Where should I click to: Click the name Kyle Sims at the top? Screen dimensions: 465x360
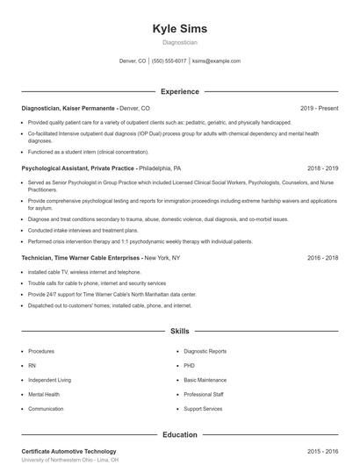tap(179, 28)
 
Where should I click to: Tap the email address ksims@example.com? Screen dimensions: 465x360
tap(216, 61)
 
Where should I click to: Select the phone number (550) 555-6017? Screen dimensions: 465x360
tap(169, 61)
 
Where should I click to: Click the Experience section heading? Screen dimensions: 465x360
tap(179, 91)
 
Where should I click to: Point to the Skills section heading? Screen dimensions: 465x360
tap(179, 332)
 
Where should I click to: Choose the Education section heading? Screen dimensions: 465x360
tap(179, 434)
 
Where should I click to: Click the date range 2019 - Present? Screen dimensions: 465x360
tap(319, 108)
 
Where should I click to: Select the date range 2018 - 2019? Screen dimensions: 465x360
tap(322, 168)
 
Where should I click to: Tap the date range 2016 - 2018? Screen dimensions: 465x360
tap(322, 258)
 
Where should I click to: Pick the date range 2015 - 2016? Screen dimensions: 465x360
tap(322, 451)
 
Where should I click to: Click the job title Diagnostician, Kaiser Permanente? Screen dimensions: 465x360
tap(68, 108)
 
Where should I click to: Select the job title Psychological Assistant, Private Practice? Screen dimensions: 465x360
tap(78, 168)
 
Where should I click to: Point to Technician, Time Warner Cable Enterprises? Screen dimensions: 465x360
tap(82, 258)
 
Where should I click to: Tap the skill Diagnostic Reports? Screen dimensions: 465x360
tap(206, 351)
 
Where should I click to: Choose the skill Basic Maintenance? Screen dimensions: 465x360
tap(205, 380)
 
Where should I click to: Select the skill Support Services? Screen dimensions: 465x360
tap(203, 409)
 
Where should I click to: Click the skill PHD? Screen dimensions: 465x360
tap(190, 366)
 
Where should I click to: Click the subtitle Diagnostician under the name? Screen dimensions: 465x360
tap(179, 42)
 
